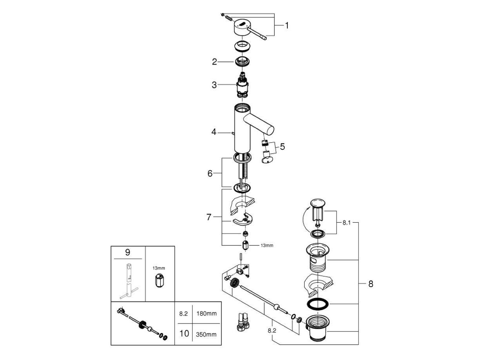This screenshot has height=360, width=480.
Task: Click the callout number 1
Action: click(x=287, y=25)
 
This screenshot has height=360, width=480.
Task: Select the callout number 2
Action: click(x=215, y=62)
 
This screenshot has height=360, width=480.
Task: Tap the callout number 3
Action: click(x=215, y=85)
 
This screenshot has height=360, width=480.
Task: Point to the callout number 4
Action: click(x=214, y=132)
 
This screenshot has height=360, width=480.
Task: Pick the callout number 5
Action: click(x=282, y=147)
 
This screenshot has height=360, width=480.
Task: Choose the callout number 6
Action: click(x=210, y=173)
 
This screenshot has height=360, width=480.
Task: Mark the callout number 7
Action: click(x=209, y=216)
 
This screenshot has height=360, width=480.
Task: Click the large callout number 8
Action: click(x=371, y=284)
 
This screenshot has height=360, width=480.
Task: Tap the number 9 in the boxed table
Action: click(x=127, y=253)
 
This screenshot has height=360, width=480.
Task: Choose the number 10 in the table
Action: click(x=183, y=334)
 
